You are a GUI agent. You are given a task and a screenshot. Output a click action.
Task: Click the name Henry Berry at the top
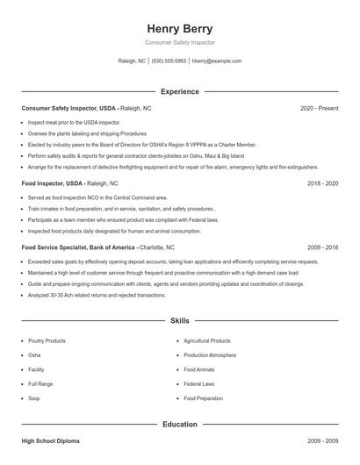pos(179,29)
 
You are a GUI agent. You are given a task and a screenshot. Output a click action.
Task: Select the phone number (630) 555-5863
pos(169,61)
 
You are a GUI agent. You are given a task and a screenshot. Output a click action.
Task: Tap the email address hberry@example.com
pos(217,61)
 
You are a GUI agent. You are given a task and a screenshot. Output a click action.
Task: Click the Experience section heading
pos(179,91)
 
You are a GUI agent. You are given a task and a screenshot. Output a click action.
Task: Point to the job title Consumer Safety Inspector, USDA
pos(68,108)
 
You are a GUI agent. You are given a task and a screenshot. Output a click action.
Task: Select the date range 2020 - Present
pos(319,108)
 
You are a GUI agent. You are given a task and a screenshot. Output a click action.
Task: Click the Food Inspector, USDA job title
pos(53,183)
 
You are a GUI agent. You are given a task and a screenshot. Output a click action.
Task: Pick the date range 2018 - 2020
pos(322,183)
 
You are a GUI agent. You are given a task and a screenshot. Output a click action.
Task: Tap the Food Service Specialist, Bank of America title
pos(78,247)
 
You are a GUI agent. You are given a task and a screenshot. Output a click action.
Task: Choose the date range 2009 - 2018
pos(322,247)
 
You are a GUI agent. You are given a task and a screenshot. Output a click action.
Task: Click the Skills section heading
pos(179,322)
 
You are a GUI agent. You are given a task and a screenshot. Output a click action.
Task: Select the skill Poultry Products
pos(47,340)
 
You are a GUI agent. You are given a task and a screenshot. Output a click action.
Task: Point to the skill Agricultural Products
pos(207,340)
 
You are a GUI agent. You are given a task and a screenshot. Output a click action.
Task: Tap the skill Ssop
pos(34,398)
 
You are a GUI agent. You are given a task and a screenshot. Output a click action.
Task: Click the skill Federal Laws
pos(199,384)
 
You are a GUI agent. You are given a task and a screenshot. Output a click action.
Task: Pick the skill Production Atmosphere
pos(210,355)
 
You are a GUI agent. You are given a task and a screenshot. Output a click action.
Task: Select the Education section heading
pos(179,425)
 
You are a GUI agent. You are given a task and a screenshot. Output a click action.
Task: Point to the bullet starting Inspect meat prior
pos(74,123)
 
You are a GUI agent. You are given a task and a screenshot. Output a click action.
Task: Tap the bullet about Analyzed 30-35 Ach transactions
pos(97,296)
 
